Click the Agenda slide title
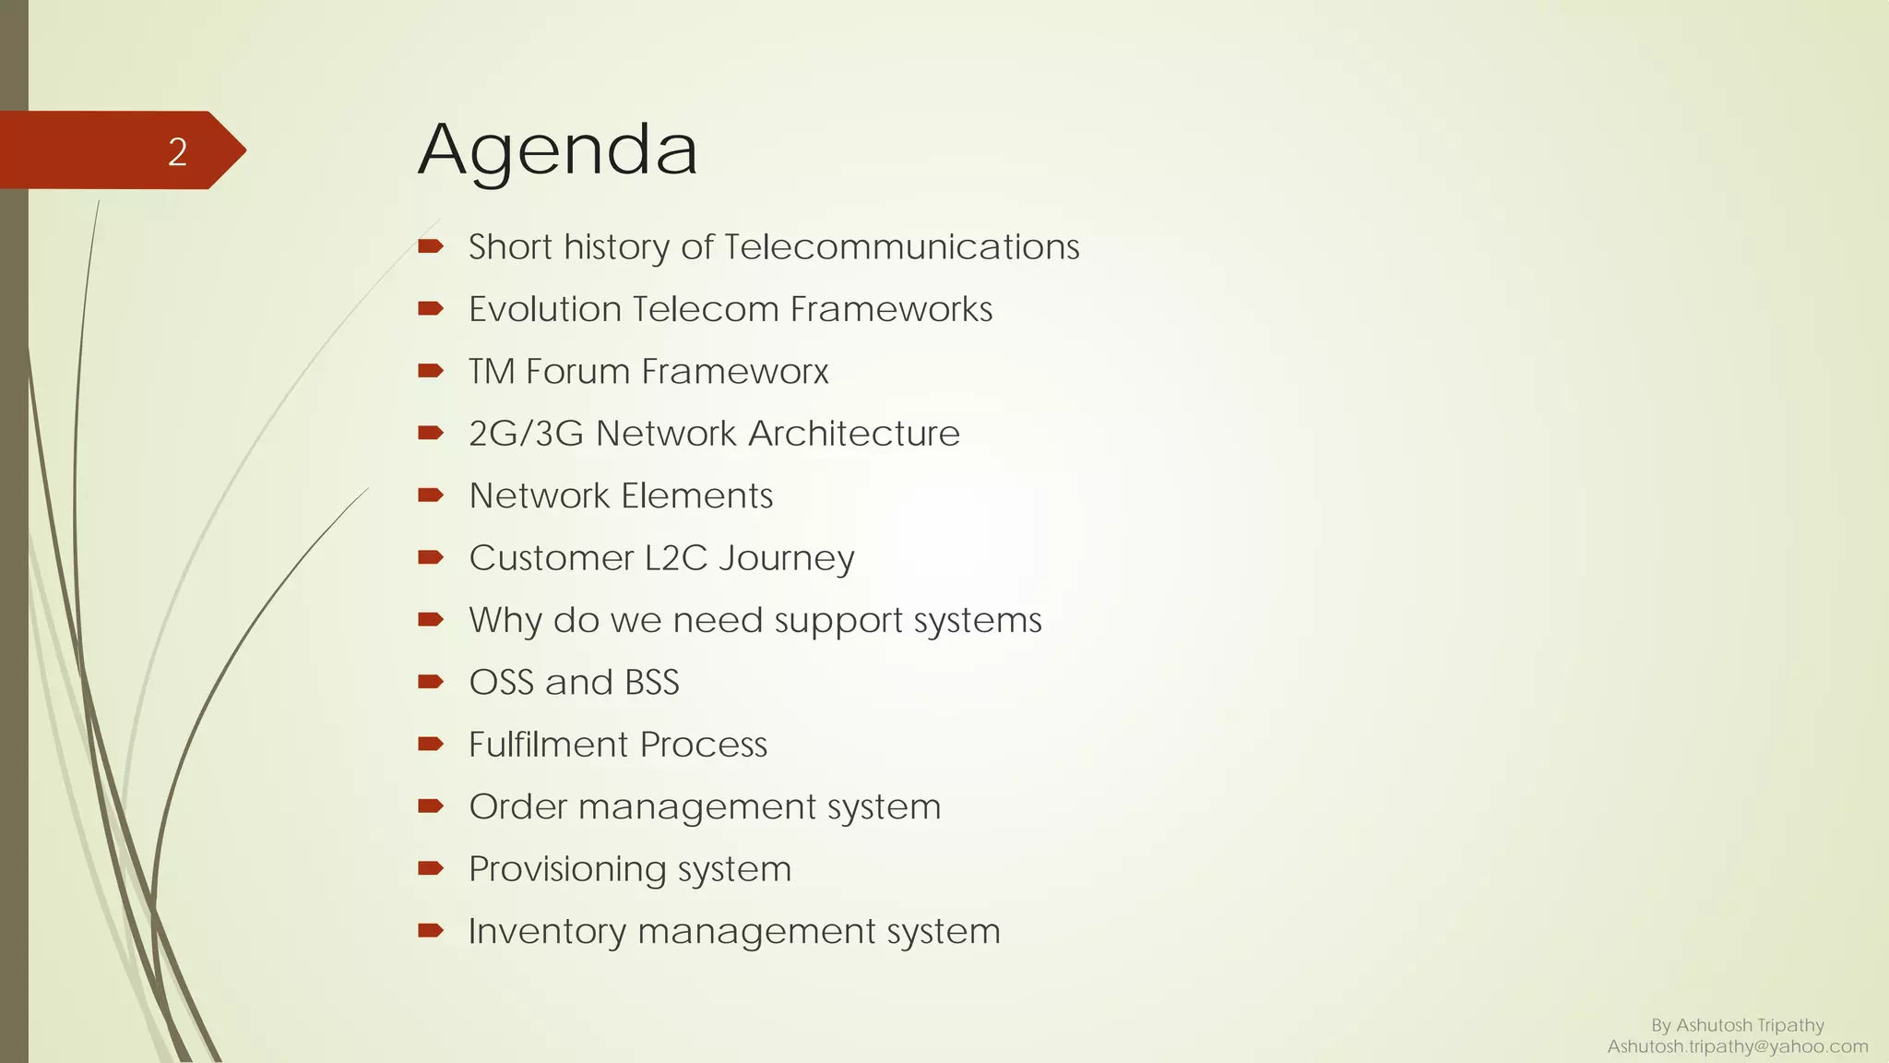[x=558, y=150]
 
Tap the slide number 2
[x=177, y=151]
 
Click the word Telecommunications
[x=901, y=247]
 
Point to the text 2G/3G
[x=526, y=434]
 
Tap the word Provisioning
[x=567, y=869]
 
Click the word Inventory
[x=547, y=931]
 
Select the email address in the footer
[x=1737, y=1046]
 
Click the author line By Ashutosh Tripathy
[x=1737, y=1025]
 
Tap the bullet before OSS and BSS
[x=430, y=682]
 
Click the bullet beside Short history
[x=430, y=245]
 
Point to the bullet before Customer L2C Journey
[x=430, y=557]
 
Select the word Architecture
[x=853, y=434]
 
